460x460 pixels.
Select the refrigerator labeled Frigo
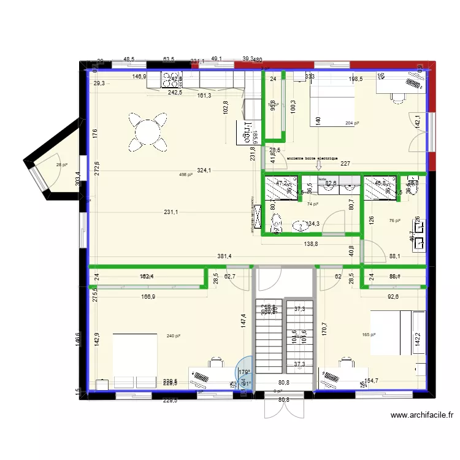tap(250, 127)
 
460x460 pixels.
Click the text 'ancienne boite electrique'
tap(312, 158)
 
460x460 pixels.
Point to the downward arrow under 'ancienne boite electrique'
tap(318, 164)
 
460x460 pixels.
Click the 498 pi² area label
tap(186, 175)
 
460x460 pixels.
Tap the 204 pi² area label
tap(352, 123)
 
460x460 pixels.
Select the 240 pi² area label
tap(174, 335)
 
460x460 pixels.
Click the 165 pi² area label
tap(368, 335)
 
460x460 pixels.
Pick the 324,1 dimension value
tap(204, 170)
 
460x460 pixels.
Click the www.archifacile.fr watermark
tap(423, 415)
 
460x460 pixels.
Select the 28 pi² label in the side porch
tap(62, 164)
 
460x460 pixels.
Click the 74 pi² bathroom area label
tap(313, 204)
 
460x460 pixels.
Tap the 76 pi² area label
tap(394, 221)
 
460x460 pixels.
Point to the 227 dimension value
tap(345, 164)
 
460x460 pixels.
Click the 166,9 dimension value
tap(139, 296)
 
